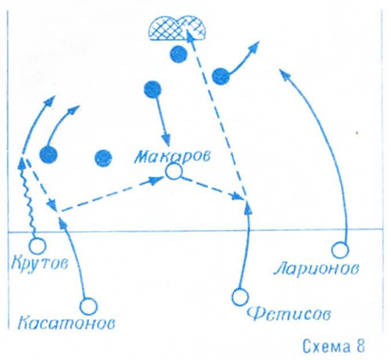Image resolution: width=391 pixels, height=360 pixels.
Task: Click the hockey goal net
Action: pyautogui.click(x=177, y=28)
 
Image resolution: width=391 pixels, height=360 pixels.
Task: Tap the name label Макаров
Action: pyautogui.click(x=172, y=157)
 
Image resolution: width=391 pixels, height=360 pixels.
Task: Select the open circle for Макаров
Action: pyautogui.click(x=174, y=172)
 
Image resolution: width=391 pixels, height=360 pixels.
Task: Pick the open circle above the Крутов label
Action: pyautogui.click(x=38, y=246)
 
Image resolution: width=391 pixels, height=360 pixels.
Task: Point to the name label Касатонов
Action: pyautogui.click(x=66, y=322)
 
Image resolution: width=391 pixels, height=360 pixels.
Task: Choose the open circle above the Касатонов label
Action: pyautogui.click(x=88, y=307)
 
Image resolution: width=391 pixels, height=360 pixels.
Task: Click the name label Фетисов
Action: pyautogui.click(x=289, y=314)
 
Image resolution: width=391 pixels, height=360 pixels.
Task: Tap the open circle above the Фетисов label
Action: pyautogui.click(x=240, y=297)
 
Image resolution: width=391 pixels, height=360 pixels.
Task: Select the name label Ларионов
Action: pyautogui.click(x=316, y=268)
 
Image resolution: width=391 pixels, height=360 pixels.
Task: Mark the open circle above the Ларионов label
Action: pyautogui.click(x=340, y=250)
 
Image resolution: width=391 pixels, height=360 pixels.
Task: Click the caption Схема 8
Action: pyautogui.click(x=333, y=346)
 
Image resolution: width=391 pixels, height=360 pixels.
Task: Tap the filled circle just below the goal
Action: pyautogui.click(x=178, y=54)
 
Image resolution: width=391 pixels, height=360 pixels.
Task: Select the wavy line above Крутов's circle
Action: pyautogui.click(x=28, y=196)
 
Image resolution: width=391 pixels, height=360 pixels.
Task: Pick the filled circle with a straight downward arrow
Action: pyautogui.click(x=152, y=89)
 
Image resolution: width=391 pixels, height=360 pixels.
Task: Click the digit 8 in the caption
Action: pyautogui.click(x=360, y=346)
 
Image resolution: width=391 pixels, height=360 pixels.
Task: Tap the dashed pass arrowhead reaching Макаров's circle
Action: pyautogui.click(x=156, y=180)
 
